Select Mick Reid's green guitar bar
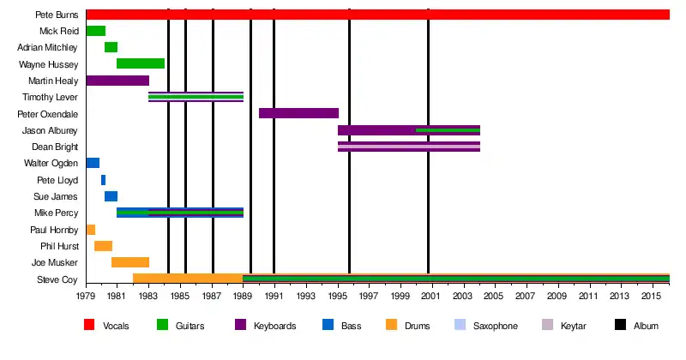click(95, 31)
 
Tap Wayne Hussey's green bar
click(141, 63)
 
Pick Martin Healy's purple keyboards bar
click(117, 81)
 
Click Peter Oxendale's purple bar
click(298, 113)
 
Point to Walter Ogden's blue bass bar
click(93, 163)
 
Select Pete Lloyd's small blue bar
click(103, 180)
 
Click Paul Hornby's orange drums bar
click(90, 230)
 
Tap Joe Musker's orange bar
click(129, 262)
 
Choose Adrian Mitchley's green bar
click(111, 47)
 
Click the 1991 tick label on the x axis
click(274, 296)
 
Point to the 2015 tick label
click(652, 296)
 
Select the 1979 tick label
click(86, 296)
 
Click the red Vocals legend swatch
click(89, 326)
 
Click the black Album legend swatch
click(620, 326)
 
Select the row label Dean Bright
click(57, 147)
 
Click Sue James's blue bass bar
click(111, 196)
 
